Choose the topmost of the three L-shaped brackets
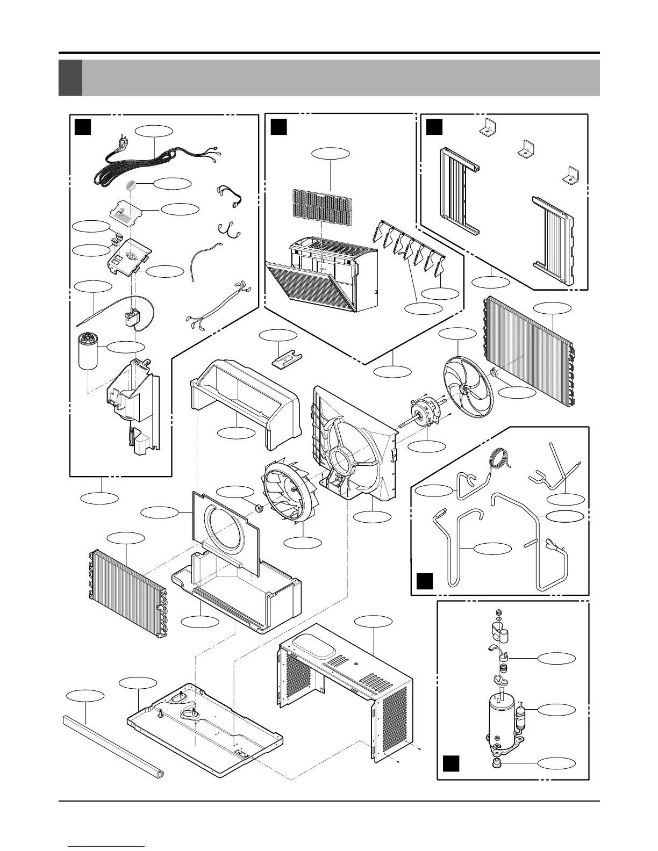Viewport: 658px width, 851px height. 487,127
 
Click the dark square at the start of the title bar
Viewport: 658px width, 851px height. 70,78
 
